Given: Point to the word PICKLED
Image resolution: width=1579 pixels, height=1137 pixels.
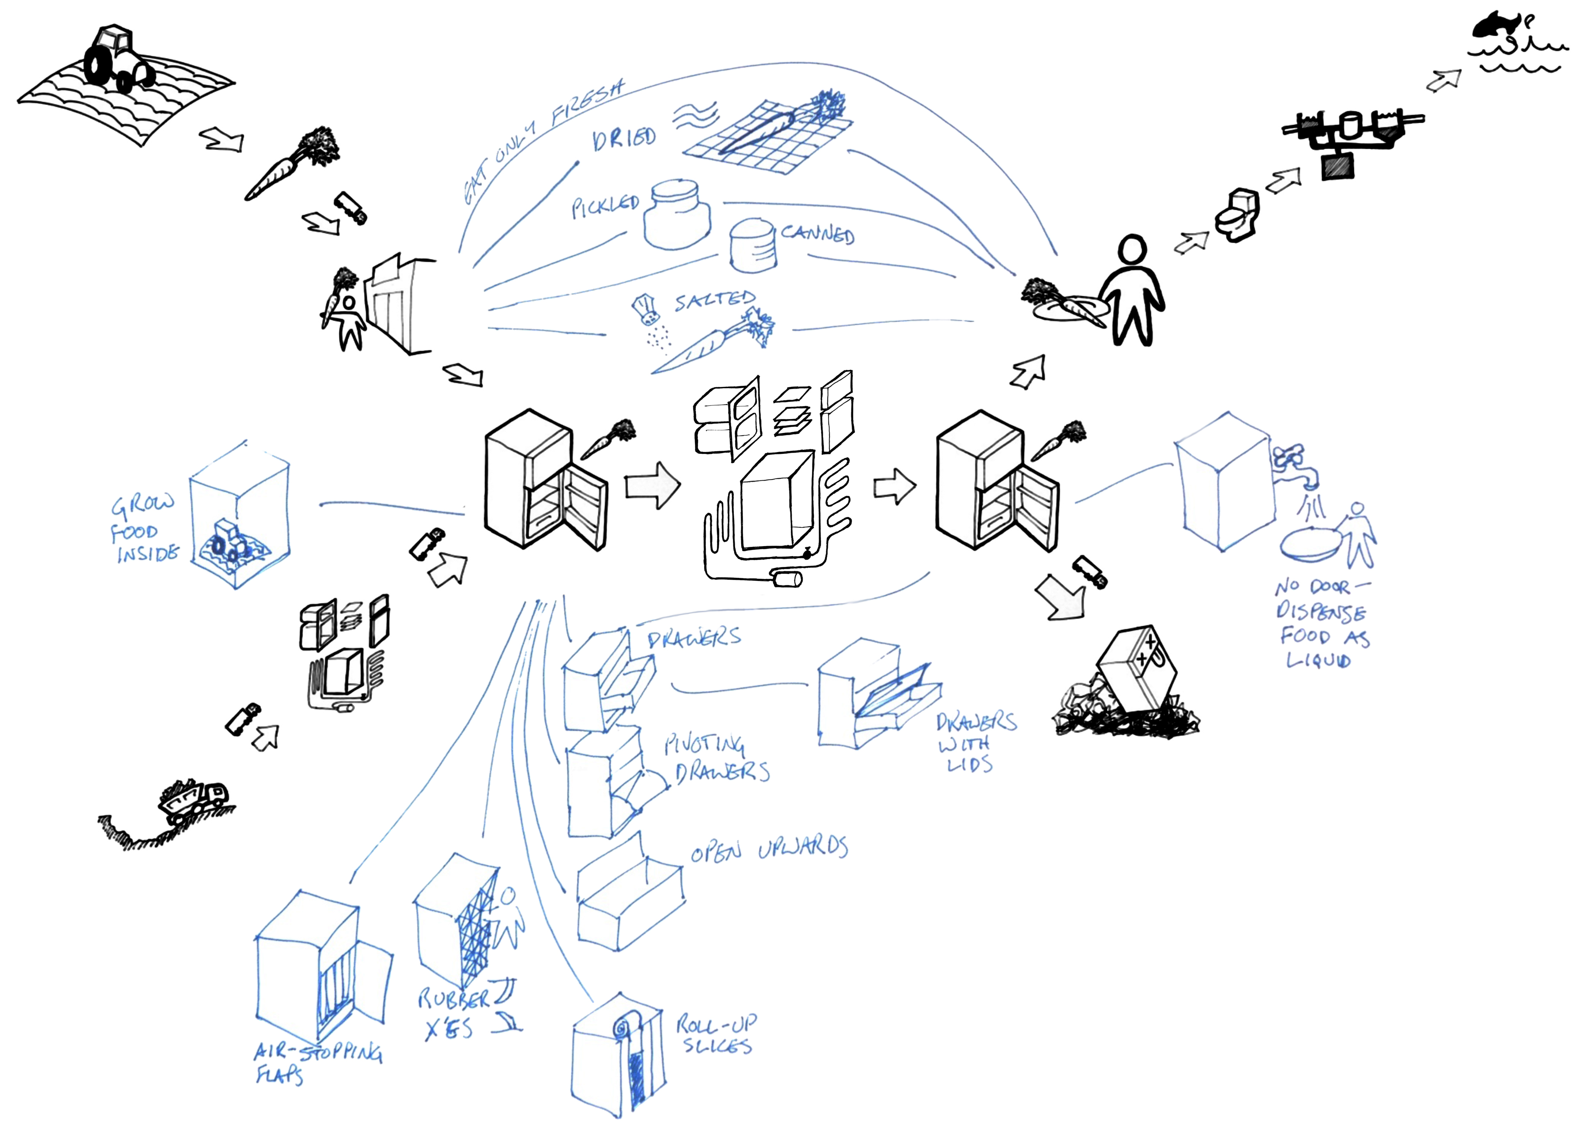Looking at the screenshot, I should coord(604,206).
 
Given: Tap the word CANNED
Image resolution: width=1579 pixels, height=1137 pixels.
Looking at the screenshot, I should coord(817,234).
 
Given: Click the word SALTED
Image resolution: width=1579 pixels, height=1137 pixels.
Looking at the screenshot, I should coord(714,301).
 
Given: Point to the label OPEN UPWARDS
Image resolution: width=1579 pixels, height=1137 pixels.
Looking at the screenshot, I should coord(769,849).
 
